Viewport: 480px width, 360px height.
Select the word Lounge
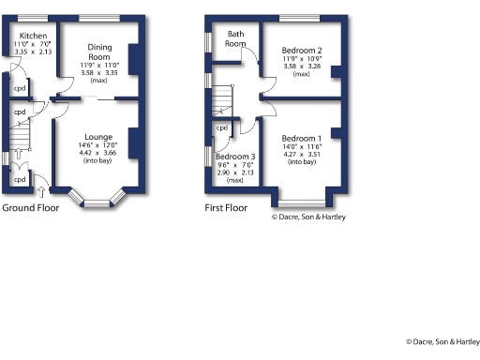(x=97, y=136)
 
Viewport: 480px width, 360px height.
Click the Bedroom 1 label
(x=301, y=136)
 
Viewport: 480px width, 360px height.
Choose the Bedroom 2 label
(x=301, y=50)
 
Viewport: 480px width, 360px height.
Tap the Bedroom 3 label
(x=234, y=157)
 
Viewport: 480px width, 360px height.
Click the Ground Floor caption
(x=32, y=207)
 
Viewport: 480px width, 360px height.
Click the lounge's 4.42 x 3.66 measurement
(x=97, y=153)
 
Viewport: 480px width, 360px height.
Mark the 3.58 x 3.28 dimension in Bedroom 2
(x=301, y=67)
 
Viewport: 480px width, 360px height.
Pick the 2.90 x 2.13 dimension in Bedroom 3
(x=234, y=173)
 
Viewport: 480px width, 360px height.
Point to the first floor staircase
(x=221, y=97)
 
